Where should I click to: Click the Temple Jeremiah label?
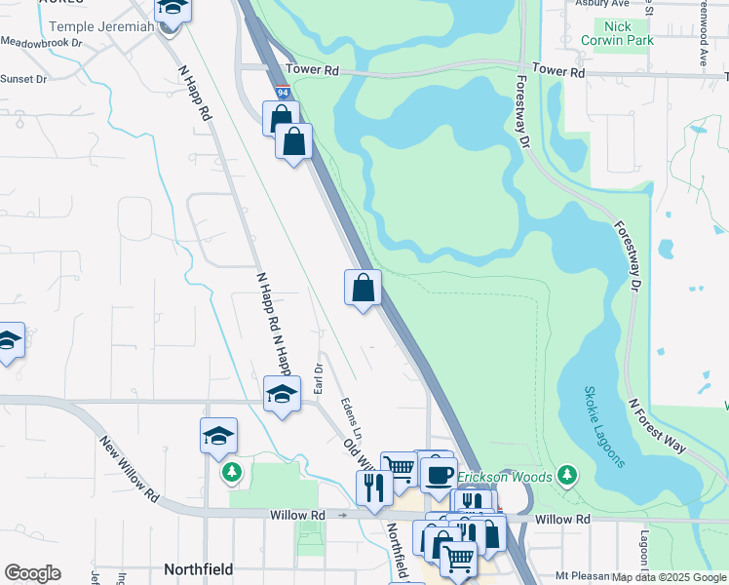pyautogui.click(x=101, y=26)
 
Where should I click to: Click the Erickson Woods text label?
pyautogui.click(x=504, y=477)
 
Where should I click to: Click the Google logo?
pyautogui.click(x=32, y=573)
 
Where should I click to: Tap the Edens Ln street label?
pyautogui.click(x=352, y=417)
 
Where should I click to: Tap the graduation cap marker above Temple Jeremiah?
pyautogui.click(x=173, y=8)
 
